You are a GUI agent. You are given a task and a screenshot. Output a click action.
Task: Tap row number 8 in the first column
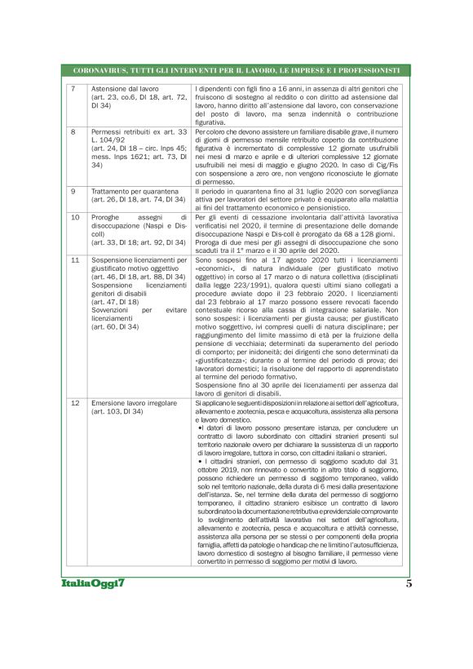coord(74,131)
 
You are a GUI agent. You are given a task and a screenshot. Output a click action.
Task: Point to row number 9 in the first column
coord(74,191)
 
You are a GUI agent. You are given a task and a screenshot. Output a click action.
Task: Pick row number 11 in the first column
coord(75,259)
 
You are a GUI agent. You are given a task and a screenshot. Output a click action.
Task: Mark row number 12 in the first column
coord(75,403)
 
